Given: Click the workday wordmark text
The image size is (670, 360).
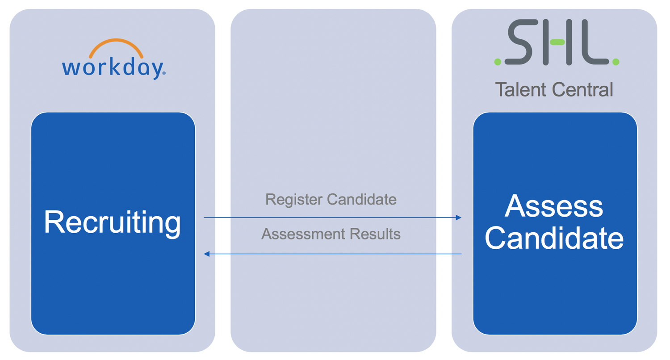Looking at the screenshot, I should pyautogui.click(x=112, y=68).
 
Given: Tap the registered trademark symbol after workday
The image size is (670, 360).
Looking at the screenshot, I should pyautogui.click(x=163, y=74).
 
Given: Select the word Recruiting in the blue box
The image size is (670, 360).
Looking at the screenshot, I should pyautogui.click(x=113, y=222).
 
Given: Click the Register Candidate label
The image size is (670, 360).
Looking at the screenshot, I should pyautogui.click(x=331, y=199).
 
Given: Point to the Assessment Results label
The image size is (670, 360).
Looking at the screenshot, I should pyautogui.click(x=331, y=234).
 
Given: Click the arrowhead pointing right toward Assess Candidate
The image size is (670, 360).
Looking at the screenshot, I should pyautogui.click(x=458, y=218).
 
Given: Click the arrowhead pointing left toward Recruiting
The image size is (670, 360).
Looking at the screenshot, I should pyautogui.click(x=207, y=254).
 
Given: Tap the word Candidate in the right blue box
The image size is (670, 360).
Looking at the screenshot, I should pyautogui.click(x=554, y=239).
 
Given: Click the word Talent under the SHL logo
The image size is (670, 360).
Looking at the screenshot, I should pyautogui.click(x=521, y=90).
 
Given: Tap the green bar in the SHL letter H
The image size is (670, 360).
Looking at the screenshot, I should pyautogui.click(x=557, y=42).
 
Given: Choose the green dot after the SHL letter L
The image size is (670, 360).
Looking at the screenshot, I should pyautogui.click(x=616, y=62).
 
